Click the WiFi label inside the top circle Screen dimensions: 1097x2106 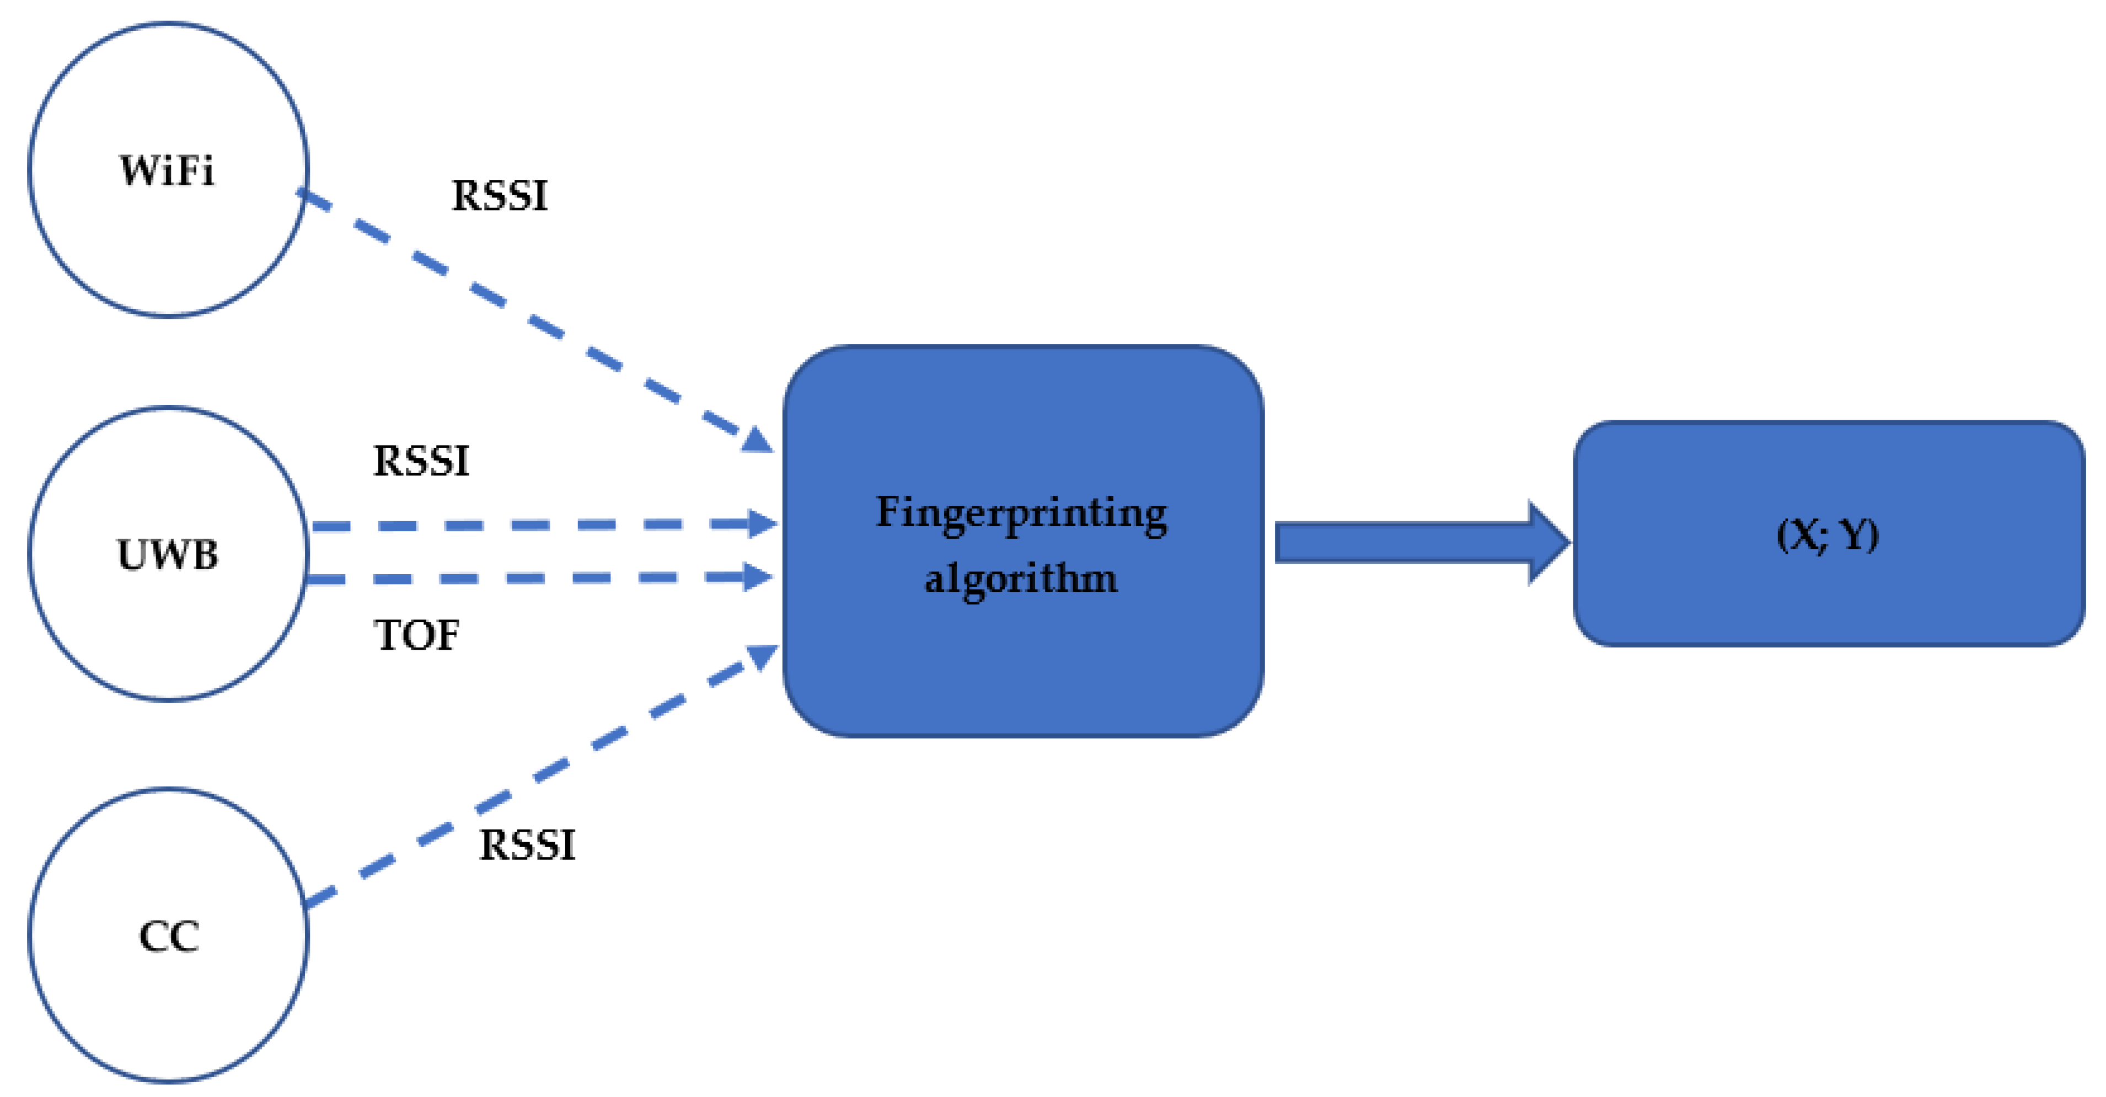tap(168, 171)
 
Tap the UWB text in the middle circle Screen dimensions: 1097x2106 tap(168, 554)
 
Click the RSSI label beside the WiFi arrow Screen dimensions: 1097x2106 tap(500, 196)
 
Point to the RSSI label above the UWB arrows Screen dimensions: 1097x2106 tap(421, 461)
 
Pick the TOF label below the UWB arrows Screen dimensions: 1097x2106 tap(416, 635)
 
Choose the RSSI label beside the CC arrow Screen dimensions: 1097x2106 tap(527, 846)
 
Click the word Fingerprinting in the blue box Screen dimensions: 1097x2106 tap(1021, 514)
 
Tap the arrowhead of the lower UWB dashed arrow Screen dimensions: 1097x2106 tap(757, 576)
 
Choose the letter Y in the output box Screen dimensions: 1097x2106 tap(1853, 536)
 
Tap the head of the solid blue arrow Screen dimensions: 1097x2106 tap(1547, 543)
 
